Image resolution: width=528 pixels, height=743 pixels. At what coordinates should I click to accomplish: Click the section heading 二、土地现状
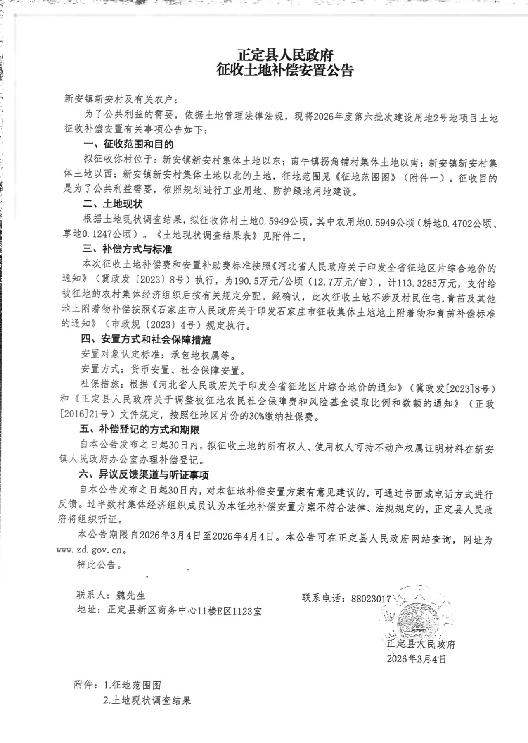[113, 204]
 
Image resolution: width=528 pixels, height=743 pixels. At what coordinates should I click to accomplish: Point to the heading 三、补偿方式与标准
[127, 249]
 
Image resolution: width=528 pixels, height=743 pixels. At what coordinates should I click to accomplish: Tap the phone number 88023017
[371, 598]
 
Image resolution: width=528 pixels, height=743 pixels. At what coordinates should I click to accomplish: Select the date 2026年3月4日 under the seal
[416, 659]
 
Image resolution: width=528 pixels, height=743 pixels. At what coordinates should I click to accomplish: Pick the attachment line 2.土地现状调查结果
[147, 700]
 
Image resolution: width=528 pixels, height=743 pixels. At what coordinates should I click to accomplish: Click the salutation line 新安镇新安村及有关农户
[121, 99]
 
